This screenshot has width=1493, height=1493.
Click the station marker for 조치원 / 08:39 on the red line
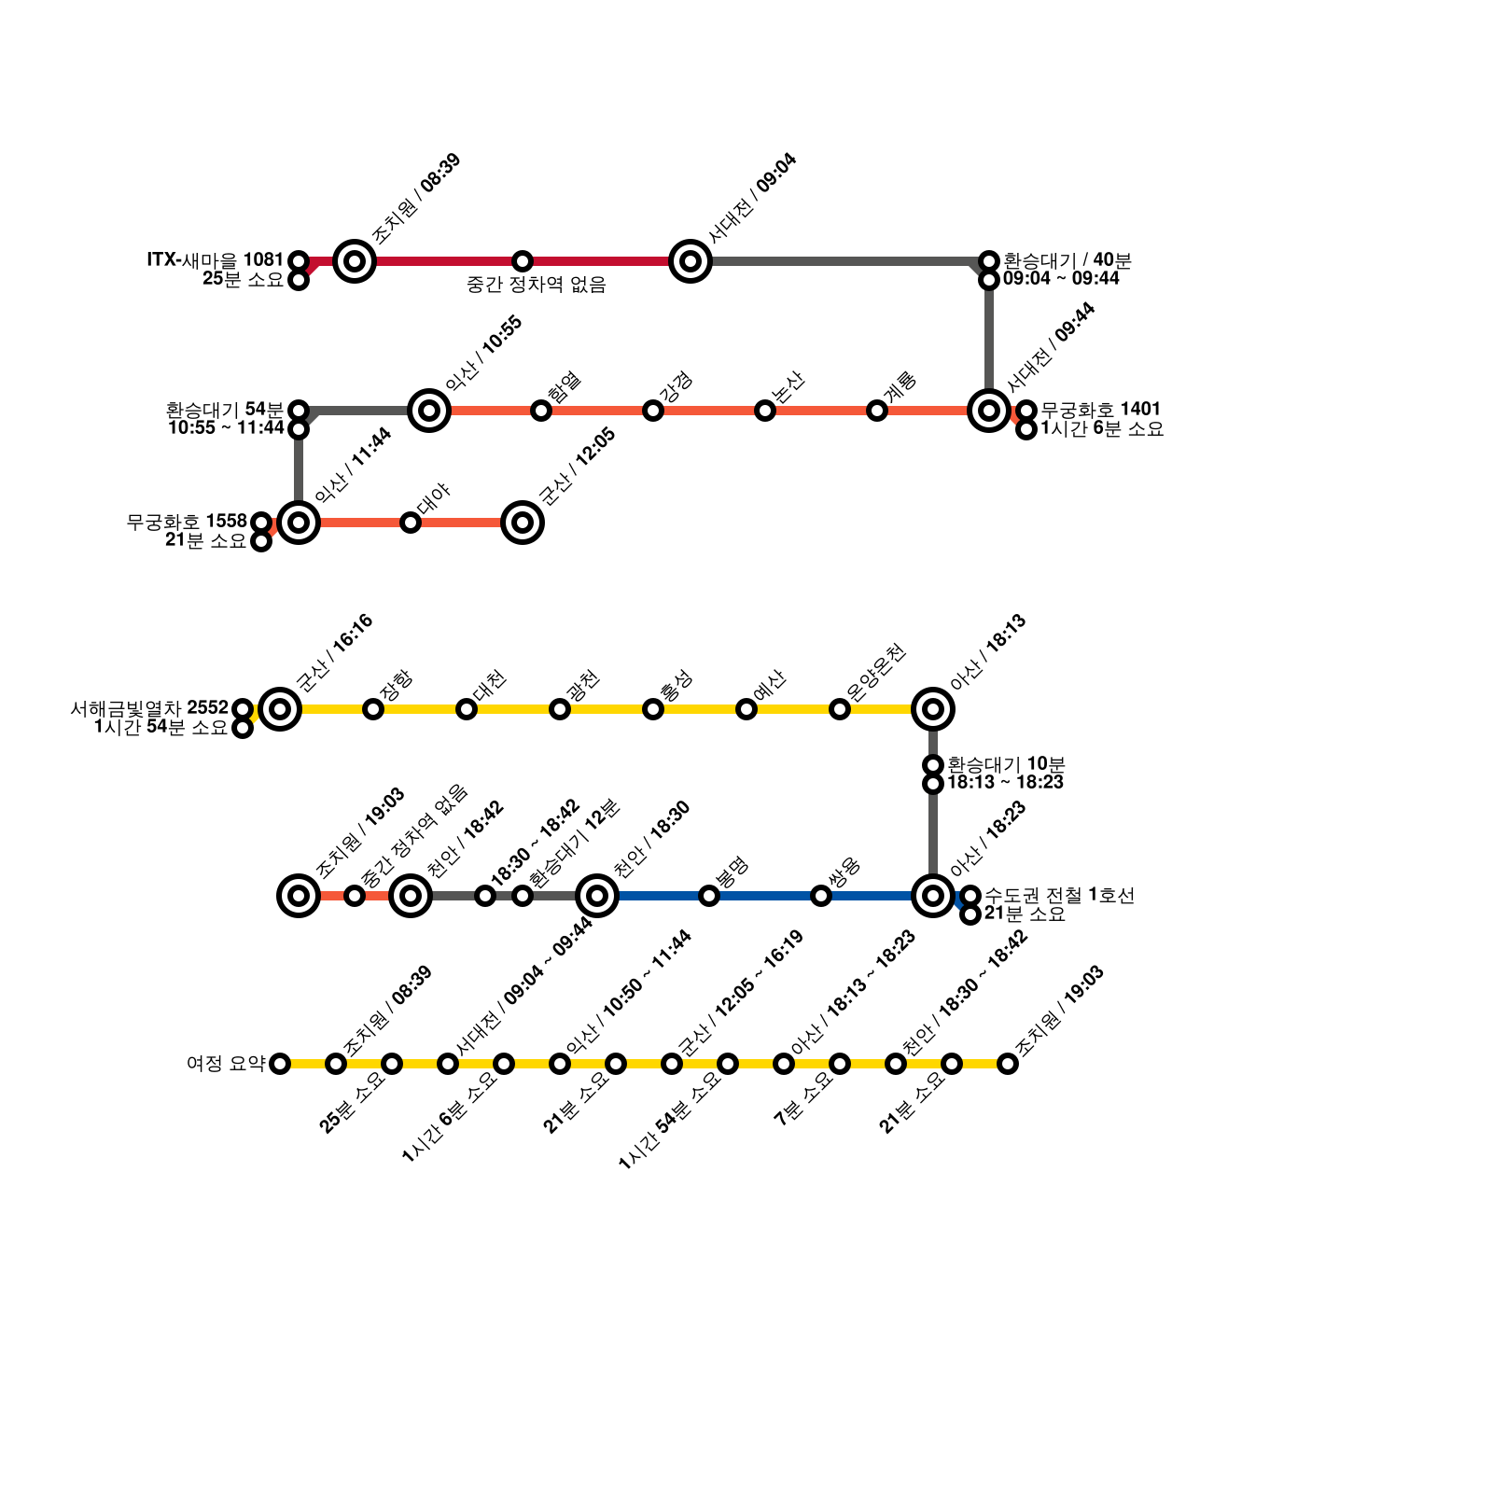[x=355, y=261]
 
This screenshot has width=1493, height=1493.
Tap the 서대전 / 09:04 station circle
[x=691, y=261]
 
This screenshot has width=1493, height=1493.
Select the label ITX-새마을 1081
[x=215, y=259]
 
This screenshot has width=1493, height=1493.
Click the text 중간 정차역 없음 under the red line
[x=537, y=286]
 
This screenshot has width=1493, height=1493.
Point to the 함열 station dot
[x=541, y=411]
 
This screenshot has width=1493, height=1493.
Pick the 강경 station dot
[x=653, y=411]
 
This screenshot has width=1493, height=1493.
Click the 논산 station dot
[x=765, y=411]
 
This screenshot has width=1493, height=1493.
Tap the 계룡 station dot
[x=877, y=411]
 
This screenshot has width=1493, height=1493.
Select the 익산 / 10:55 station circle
[x=429, y=411]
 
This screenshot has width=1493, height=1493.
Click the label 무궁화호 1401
[x=1100, y=409]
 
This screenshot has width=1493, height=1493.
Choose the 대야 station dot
[x=411, y=523]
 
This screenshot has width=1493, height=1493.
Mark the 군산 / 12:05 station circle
[x=523, y=523]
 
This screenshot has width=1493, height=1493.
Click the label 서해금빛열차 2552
[x=149, y=708]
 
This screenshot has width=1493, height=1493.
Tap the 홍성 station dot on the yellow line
[x=653, y=709]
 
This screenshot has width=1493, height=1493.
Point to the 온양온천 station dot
[x=840, y=709]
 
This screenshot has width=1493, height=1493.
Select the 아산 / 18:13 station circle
[x=933, y=709]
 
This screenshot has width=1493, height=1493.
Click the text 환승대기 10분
[x=1006, y=764]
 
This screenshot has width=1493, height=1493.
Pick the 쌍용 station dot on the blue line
[x=821, y=896]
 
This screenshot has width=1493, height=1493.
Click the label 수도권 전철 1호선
[x=1059, y=895]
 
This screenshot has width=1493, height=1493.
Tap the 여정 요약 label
[x=226, y=1063]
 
